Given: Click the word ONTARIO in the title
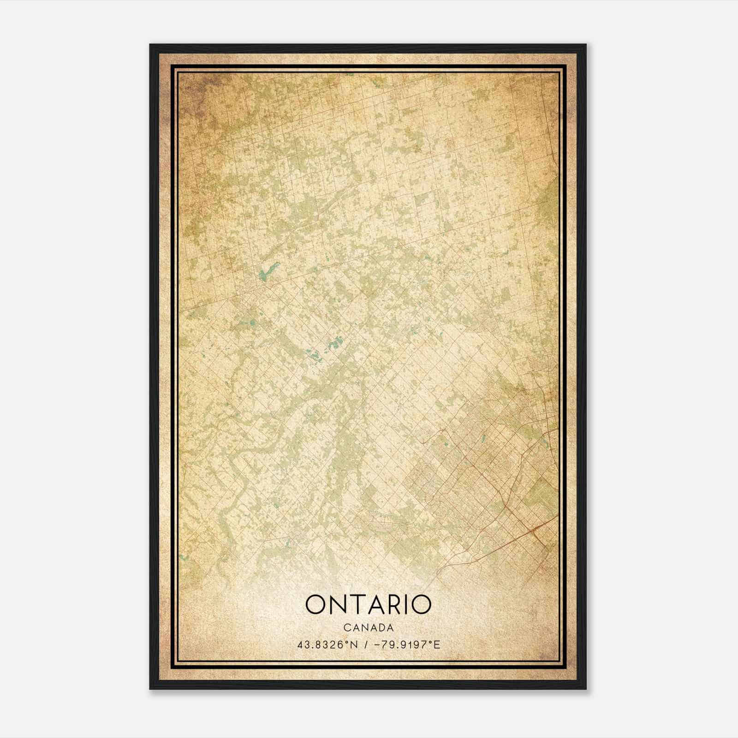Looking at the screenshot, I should coord(368,605).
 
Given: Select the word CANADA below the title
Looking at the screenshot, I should coord(369,628).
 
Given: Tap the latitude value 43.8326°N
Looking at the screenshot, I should coord(327,644).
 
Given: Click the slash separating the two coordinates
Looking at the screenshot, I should coord(366,644).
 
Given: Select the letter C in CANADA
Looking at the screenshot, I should coord(346,628).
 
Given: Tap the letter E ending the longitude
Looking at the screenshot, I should coord(437,644).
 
